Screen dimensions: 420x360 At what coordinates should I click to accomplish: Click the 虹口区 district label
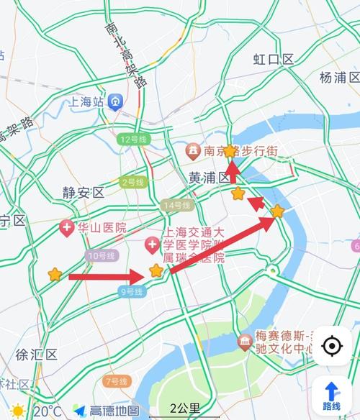pyautogui.click(x=274, y=59)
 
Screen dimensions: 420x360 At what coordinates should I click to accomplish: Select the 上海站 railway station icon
pyautogui.click(x=114, y=102)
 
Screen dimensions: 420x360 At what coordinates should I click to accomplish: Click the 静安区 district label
pyautogui.click(x=83, y=192)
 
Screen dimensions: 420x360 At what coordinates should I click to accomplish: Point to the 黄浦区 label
pyautogui.click(x=209, y=177)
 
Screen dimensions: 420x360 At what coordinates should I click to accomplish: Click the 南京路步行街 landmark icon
pyautogui.click(x=193, y=151)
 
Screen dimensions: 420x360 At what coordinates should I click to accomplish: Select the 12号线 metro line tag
pyautogui.click(x=134, y=139)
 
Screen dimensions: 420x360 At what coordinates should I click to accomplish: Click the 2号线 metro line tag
pyautogui.click(x=134, y=182)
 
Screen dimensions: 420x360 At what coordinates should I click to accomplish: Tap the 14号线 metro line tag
pyautogui.click(x=177, y=206)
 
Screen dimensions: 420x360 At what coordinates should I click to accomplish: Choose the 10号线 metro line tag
pyautogui.click(x=100, y=256)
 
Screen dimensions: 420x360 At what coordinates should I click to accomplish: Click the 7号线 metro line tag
pyautogui.click(x=117, y=380)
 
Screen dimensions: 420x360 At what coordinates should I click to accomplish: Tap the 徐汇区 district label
pyautogui.click(x=31, y=354)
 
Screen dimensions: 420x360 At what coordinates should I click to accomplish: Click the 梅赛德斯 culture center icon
pyautogui.click(x=244, y=338)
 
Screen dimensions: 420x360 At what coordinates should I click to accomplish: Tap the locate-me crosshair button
pyautogui.click(x=332, y=346)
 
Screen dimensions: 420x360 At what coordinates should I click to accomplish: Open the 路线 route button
pyautogui.click(x=332, y=395)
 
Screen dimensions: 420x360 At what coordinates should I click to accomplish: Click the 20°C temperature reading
pyautogui.click(x=47, y=411)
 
